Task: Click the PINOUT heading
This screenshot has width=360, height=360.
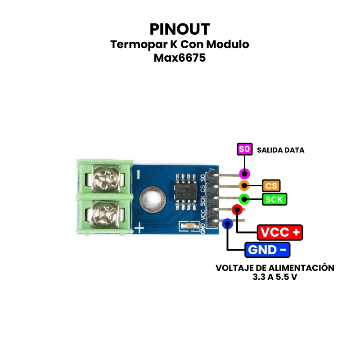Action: click(180, 29)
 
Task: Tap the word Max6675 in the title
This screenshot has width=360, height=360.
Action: click(180, 58)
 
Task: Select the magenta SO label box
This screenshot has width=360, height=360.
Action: click(243, 149)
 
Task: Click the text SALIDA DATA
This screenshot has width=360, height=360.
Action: click(280, 150)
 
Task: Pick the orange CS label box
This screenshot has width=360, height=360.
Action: click(271, 185)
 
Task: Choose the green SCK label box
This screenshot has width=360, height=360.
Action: click(274, 199)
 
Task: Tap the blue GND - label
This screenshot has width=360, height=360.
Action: click(267, 249)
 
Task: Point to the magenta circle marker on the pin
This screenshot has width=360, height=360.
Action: click(244, 174)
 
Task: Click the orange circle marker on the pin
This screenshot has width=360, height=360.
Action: click(244, 185)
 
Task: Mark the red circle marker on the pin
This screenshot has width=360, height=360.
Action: click(237, 210)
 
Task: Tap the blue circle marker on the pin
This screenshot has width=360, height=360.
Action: click(228, 223)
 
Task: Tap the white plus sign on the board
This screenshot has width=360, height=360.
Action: click(140, 228)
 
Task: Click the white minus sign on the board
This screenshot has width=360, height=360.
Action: click(138, 173)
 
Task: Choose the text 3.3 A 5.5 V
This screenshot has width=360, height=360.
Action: click(275, 277)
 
